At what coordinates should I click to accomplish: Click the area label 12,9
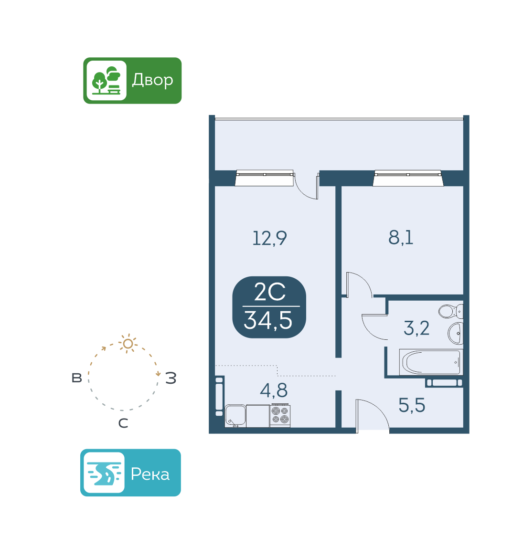(269, 238)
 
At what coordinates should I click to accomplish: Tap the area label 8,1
(401, 237)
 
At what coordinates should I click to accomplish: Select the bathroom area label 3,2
(416, 328)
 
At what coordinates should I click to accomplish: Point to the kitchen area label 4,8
(274, 390)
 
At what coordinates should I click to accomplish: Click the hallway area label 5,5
(412, 406)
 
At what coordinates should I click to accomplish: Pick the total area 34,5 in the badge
(268, 320)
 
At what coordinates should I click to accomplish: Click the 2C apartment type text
(269, 292)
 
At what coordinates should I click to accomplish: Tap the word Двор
(152, 80)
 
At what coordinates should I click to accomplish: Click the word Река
(150, 474)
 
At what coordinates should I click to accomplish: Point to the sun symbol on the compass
(128, 344)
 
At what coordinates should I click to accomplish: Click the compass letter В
(77, 378)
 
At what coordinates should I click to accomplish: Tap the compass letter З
(171, 379)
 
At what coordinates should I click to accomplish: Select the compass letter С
(123, 423)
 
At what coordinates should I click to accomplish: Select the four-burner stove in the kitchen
(280, 415)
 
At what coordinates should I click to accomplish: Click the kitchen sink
(235, 416)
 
